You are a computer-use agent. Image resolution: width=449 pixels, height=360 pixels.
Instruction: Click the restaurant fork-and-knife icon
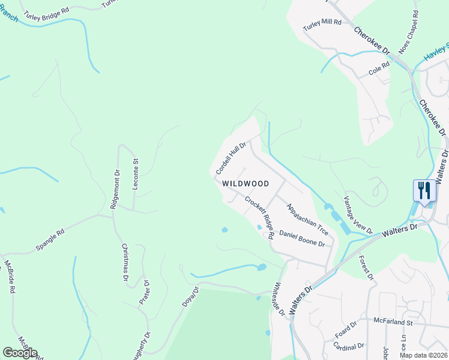(424, 191)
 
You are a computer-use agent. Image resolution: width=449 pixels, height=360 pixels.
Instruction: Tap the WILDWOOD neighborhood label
(245, 184)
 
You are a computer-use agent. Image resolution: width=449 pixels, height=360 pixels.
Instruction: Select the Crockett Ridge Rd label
(259, 218)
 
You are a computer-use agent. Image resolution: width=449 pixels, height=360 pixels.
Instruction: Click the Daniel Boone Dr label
(302, 239)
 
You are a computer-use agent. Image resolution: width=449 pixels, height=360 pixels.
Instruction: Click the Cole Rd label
(379, 71)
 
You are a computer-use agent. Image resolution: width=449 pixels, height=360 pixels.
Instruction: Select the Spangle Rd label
(52, 235)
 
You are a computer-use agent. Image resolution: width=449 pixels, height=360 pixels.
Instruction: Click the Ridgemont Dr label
(115, 188)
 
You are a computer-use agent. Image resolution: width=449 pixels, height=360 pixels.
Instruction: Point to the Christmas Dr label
(125, 262)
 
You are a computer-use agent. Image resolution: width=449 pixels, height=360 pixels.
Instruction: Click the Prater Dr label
(144, 293)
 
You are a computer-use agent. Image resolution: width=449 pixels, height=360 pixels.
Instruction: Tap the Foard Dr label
(346, 328)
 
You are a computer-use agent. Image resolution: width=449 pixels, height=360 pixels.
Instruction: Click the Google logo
(20, 353)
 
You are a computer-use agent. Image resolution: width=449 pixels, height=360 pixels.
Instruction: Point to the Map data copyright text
(423, 355)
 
